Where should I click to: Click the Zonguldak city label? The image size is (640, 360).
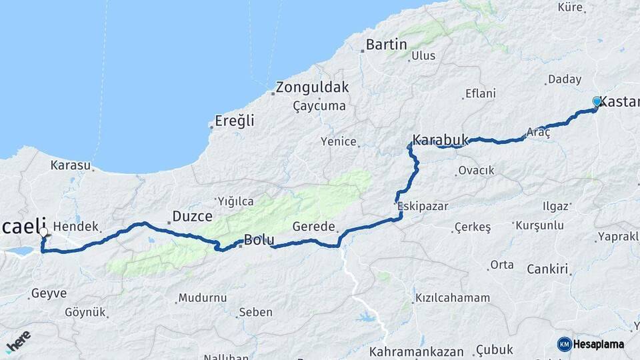(x=313, y=87)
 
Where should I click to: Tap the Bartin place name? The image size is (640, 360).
(x=387, y=45)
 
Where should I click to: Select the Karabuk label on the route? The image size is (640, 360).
(x=441, y=140)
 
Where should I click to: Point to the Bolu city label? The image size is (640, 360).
(x=259, y=239)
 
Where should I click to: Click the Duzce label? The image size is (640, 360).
(x=192, y=216)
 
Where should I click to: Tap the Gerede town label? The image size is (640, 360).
(x=313, y=227)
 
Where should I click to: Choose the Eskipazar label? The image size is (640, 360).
(x=423, y=207)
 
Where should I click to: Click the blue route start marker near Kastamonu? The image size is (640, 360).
(x=597, y=102)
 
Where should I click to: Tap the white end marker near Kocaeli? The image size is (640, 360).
(x=44, y=233)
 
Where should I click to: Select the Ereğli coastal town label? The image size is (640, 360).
(x=234, y=121)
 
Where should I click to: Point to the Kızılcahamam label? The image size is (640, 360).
(x=452, y=298)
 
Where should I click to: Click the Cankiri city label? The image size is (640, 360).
(x=547, y=269)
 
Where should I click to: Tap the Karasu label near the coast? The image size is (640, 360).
(x=69, y=164)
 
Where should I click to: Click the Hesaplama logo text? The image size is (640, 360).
(x=598, y=344)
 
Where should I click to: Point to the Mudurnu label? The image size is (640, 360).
(x=203, y=298)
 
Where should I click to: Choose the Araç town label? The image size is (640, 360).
(x=539, y=133)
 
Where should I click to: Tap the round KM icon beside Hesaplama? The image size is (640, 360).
(x=564, y=344)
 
